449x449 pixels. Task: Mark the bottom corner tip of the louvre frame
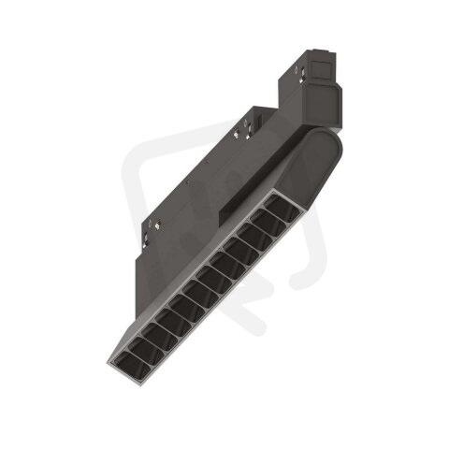127,371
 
